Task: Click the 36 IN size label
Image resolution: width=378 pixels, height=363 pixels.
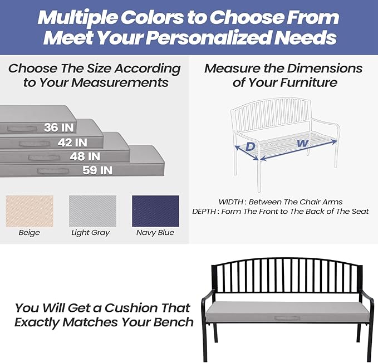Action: click(x=59, y=127)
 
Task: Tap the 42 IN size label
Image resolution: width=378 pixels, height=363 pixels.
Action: click(x=72, y=143)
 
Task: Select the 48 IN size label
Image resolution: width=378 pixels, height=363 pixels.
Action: click(x=85, y=156)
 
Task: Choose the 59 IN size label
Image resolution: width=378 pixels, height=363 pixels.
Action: click(x=97, y=170)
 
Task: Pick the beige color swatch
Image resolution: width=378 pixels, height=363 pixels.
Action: click(x=30, y=210)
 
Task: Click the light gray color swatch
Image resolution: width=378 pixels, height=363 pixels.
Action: click(x=92, y=210)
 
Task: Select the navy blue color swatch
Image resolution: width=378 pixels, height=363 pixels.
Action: click(x=155, y=210)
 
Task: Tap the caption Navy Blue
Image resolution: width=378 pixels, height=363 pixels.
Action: click(x=155, y=233)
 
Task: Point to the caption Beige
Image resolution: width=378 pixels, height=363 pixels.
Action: click(x=30, y=233)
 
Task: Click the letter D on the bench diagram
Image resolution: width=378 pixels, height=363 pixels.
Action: click(x=251, y=147)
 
